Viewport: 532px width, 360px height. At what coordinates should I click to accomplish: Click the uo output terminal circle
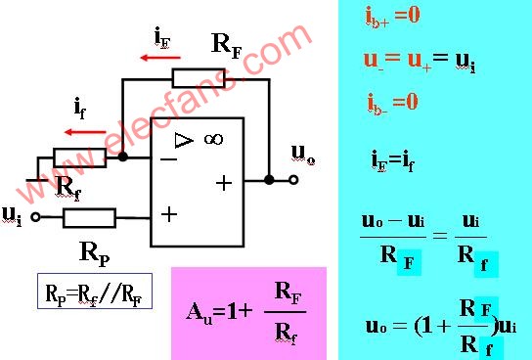click(291, 180)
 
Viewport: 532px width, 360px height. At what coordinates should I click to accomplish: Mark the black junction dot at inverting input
click(122, 156)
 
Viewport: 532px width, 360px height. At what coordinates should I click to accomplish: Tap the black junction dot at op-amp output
click(268, 180)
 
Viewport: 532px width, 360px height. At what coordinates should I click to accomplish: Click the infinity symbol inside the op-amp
click(213, 140)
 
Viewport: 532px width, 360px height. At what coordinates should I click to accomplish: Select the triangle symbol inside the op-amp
click(183, 141)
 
